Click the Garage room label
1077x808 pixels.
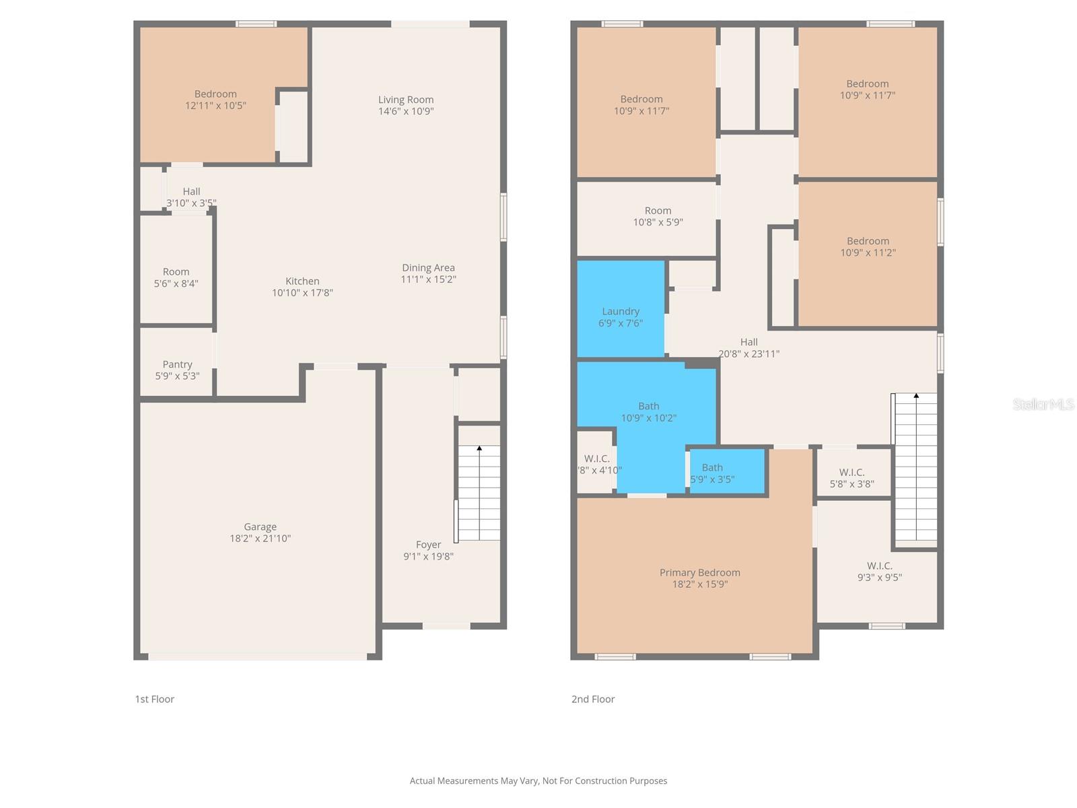pos(260,527)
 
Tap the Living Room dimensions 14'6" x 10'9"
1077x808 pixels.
pos(406,111)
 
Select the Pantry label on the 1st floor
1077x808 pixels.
pos(177,364)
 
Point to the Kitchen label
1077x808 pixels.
pos(302,281)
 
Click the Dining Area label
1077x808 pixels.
pos(428,268)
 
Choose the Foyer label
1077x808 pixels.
pos(428,545)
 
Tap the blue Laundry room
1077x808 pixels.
pos(621,309)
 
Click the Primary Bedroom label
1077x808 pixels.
pos(699,572)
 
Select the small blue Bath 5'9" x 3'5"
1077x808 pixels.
pos(728,471)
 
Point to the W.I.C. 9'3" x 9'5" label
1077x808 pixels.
pos(879,572)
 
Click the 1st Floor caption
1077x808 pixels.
pos(155,699)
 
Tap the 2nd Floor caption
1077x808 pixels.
pos(593,699)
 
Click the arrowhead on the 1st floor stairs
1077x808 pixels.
pos(479,448)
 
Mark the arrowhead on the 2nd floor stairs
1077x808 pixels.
pos(916,395)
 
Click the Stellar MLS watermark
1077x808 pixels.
pos(1043,404)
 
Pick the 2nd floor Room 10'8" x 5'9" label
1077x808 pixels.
pos(658,216)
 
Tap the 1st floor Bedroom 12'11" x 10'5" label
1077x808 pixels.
pos(215,100)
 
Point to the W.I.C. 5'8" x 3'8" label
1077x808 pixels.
pos(852,478)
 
